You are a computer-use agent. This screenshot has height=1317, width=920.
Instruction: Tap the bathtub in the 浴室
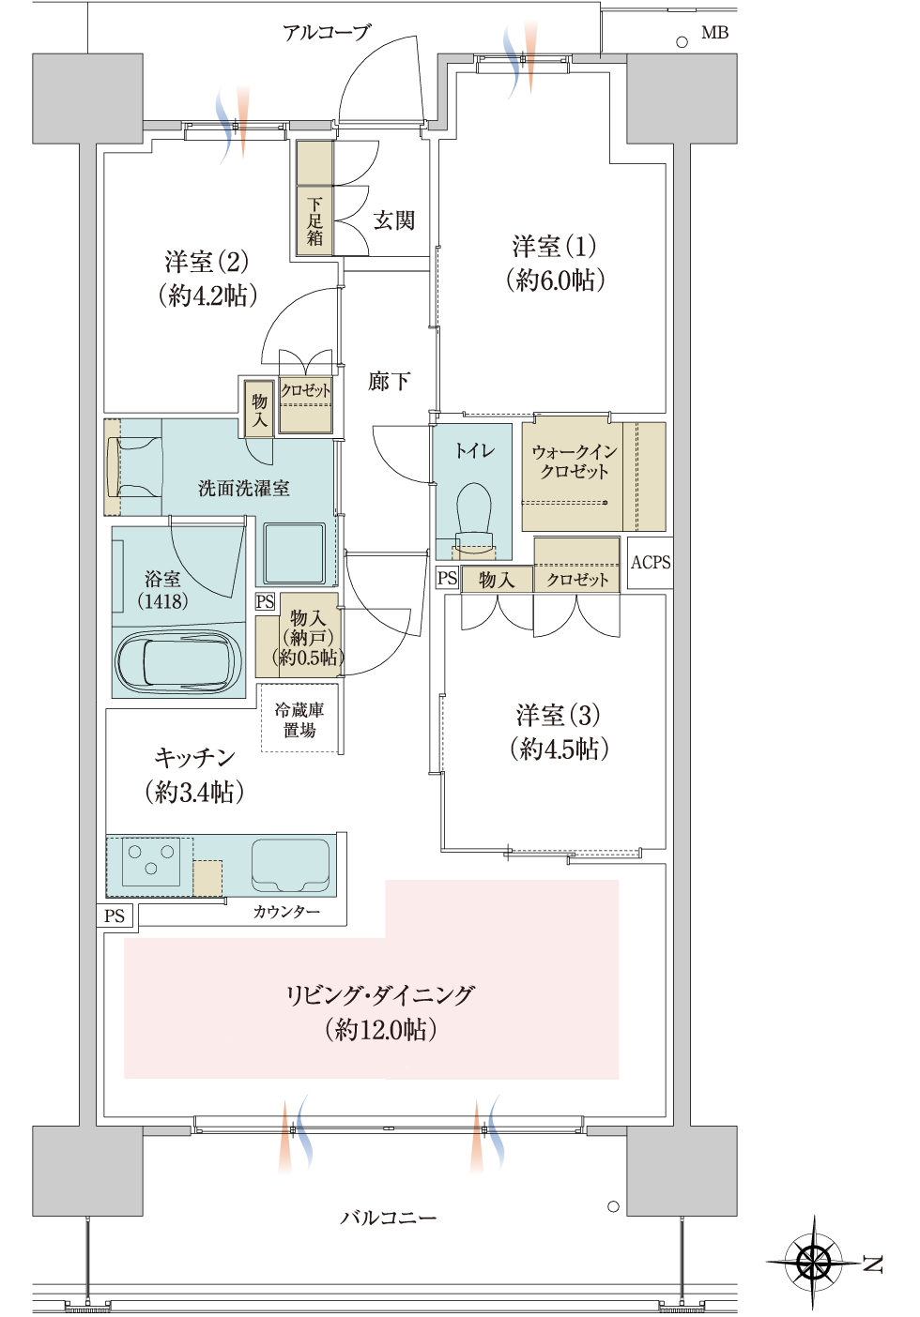click(x=178, y=660)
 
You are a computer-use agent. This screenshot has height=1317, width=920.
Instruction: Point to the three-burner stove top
click(x=151, y=862)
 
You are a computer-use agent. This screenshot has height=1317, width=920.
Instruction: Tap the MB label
click(x=714, y=33)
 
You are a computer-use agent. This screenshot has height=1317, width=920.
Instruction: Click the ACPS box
click(x=650, y=563)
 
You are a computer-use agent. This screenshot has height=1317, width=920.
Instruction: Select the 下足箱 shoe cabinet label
click(x=314, y=221)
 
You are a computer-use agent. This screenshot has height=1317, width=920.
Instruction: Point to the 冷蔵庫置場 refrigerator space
click(x=300, y=718)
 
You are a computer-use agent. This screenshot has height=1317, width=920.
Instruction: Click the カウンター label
click(x=286, y=912)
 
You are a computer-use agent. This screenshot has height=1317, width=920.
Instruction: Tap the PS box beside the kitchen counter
click(x=115, y=916)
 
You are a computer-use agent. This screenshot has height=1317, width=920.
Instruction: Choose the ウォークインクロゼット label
click(x=575, y=462)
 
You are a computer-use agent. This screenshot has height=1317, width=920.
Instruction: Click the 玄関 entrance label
click(x=393, y=220)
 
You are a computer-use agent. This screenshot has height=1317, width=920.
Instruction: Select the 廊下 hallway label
click(x=389, y=382)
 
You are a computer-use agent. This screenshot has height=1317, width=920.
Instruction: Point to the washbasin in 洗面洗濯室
click(x=134, y=467)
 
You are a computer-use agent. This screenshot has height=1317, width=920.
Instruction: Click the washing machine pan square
click(x=294, y=553)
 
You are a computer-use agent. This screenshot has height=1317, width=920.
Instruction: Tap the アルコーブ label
click(x=326, y=32)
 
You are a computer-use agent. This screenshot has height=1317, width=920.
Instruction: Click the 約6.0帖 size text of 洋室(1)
click(x=556, y=280)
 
